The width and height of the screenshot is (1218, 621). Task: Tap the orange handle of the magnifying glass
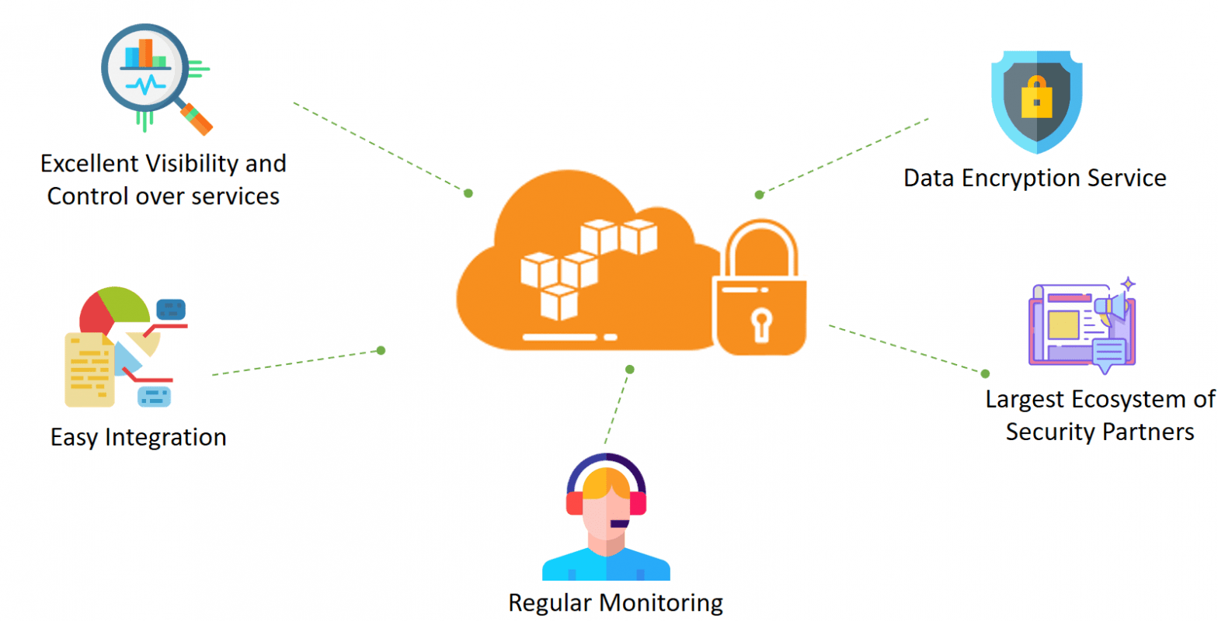coord(197,120)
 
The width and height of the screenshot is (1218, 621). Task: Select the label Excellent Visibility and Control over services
coord(163,179)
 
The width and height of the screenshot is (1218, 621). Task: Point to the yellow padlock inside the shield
coord(1036,97)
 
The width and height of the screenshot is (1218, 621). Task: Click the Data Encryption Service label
coord(1035,178)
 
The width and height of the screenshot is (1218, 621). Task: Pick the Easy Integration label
coord(138,437)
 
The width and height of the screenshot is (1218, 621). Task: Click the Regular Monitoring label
coord(615,602)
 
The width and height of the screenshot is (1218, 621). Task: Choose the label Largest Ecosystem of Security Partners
coord(1099,415)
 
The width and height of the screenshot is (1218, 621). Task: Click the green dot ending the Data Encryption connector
coord(759,195)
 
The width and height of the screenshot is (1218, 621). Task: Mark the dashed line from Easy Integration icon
coord(295,363)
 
